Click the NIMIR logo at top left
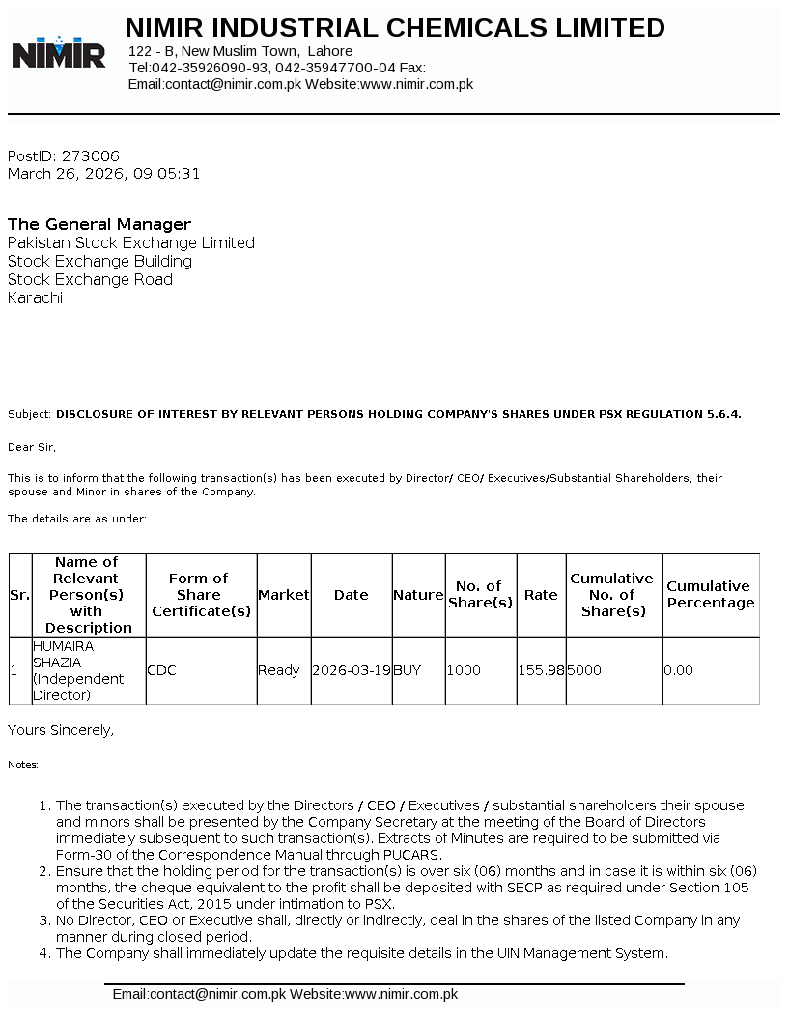coord(59,52)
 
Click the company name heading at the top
coord(395,28)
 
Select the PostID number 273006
coord(91,155)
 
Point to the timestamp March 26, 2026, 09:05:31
coord(104,174)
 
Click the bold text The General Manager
coord(99,224)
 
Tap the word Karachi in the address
coord(35,297)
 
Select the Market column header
coord(283,595)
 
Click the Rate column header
coord(541,595)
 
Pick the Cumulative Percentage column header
coord(711,595)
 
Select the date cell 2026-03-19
coord(352,670)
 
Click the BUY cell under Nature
coord(408,670)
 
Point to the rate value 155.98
coord(542,670)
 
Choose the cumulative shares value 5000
coord(584,670)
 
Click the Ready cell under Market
coord(279,670)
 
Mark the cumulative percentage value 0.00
coord(679,670)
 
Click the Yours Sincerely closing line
coord(61,730)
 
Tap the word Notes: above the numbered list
coord(23,764)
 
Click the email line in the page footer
coord(285,994)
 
